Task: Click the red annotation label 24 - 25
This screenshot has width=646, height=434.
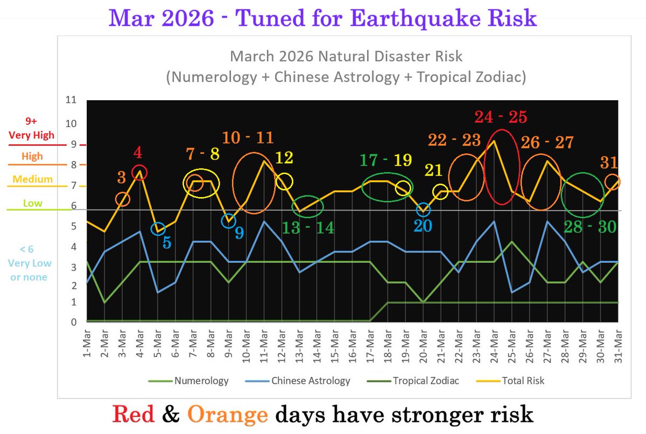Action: [x=501, y=117]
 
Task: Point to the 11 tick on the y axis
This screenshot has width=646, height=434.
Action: [x=71, y=100]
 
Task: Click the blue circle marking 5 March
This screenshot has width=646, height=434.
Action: [x=157, y=229]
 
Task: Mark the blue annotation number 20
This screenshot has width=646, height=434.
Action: [x=423, y=226]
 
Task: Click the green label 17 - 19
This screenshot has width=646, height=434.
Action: [x=386, y=160]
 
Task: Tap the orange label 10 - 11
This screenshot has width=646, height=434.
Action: [x=249, y=137]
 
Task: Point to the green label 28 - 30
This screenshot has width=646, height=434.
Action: [x=589, y=227]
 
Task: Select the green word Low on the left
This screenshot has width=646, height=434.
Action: [x=32, y=204]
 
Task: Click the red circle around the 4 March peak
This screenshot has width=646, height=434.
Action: [x=139, y=172]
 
